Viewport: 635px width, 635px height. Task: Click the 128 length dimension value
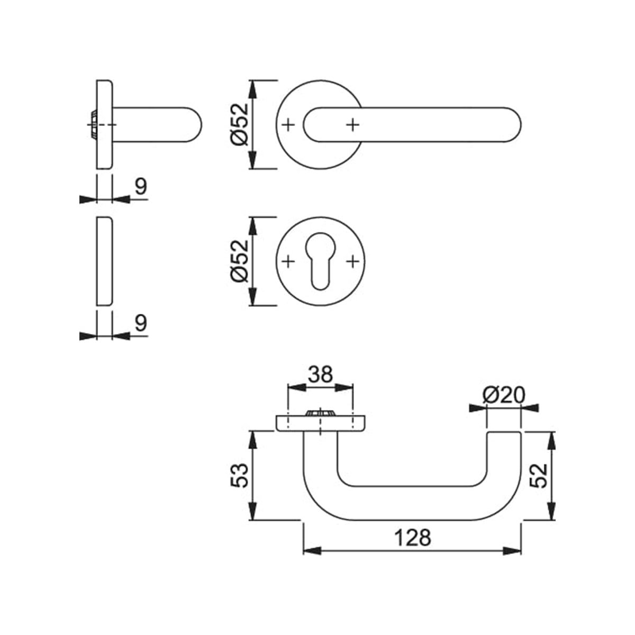413,538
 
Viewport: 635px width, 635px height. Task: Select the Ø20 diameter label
503,395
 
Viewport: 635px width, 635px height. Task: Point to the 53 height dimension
239,475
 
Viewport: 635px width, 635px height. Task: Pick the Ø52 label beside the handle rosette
239,124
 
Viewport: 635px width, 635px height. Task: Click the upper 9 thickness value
140,186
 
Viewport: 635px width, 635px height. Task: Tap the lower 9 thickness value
140,323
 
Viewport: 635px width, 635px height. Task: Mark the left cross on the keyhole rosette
288,261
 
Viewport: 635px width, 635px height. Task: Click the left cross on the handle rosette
288,125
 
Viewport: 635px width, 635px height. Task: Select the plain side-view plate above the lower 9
104,260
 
